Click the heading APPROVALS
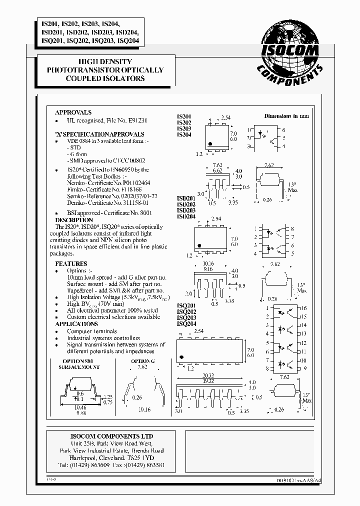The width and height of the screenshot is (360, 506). [73, 112]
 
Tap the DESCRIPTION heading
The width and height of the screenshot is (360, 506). [74, 220]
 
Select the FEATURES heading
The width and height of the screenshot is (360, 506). [71, 263]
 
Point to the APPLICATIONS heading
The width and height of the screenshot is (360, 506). [76, 324]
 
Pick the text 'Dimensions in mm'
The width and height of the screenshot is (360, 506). [286, 116]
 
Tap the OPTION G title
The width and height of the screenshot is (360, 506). [143, 361]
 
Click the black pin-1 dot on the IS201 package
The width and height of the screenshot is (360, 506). [211, 144]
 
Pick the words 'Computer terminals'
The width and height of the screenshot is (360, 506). [92, 331]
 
